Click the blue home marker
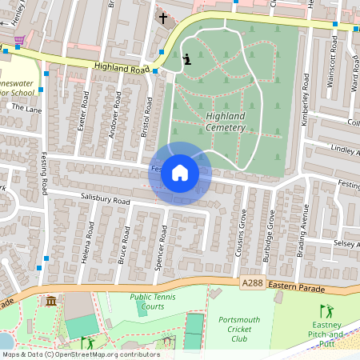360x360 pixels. (x=180, y=173)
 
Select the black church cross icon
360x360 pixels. (x=163, y=18)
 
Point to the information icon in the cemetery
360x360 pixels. (x=187, y=58)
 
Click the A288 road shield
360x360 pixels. (x=250, y=283)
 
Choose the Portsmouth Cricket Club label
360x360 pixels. (x=240, y=329)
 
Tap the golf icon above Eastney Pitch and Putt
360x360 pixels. (x=325, y=310)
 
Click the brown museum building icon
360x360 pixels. (x=51, y=301)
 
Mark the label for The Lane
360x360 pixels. (x=26, y=108)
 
